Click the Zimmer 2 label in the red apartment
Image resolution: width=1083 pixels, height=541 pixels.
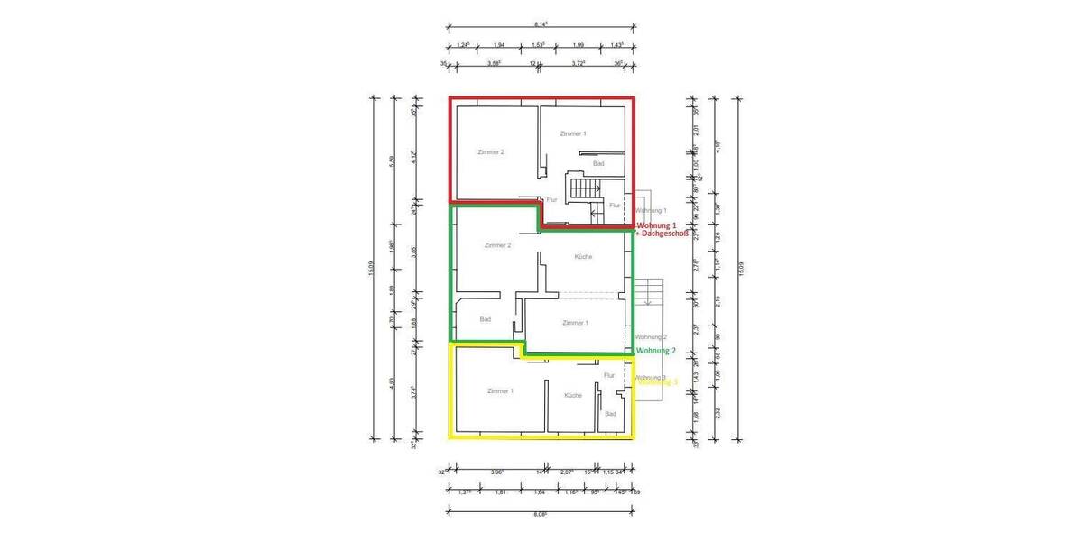(x=491, y=152)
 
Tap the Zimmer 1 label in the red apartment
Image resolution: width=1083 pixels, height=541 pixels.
(x=573, y=133)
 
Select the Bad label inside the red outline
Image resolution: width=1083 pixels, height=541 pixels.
(x=598, y=163)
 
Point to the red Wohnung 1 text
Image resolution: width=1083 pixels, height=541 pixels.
(x=656, y=225)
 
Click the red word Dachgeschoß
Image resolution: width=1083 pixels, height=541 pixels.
(x=666, y=234)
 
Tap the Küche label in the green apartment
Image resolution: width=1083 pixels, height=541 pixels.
(x=583, y=257)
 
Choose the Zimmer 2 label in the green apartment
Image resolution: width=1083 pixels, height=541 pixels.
(x=497, y=245)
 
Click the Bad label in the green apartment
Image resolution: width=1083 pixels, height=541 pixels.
(x=485, y=319)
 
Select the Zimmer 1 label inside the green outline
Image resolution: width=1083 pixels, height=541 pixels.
(x=575, y=322)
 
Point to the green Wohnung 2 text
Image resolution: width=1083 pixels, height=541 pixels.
(x=656, y=351)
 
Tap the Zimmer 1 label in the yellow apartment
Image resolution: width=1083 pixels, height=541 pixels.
(x=500, y=391)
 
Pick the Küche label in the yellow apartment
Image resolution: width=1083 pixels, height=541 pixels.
(x=573, y=396)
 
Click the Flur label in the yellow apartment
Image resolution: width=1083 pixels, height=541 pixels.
(x=609, y=374)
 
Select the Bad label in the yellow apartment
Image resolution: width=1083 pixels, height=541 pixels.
(x=610, y=414)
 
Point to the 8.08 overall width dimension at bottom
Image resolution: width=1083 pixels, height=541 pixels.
(x=541, y=514)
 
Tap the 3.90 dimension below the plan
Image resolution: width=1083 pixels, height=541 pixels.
(x=497, y=472)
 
